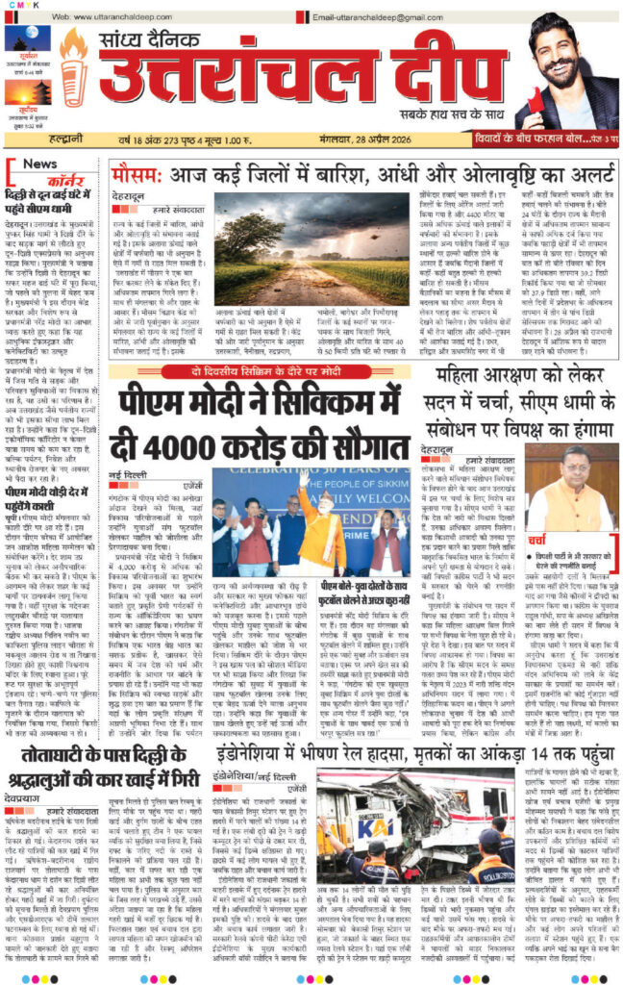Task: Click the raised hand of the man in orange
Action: click(x=304, y=477)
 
